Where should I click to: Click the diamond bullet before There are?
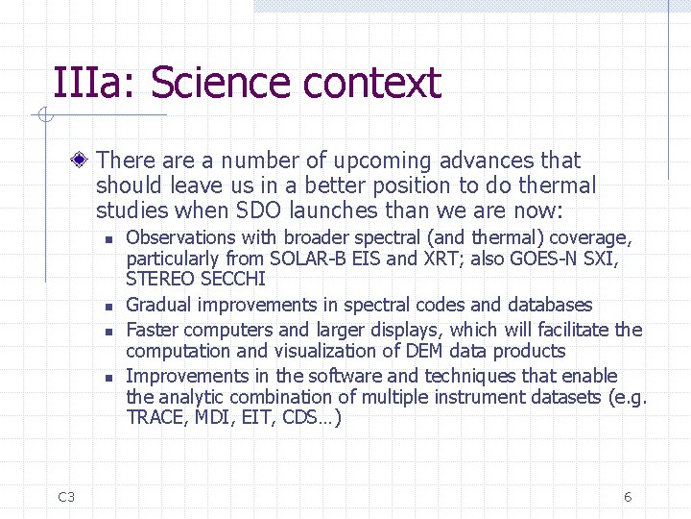tap(84, 161)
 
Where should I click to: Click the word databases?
tap(550, 305)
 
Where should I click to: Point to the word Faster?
tap(154, 330)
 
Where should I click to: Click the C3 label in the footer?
tap(66, 497)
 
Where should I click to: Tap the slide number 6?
tap(628, 497)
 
